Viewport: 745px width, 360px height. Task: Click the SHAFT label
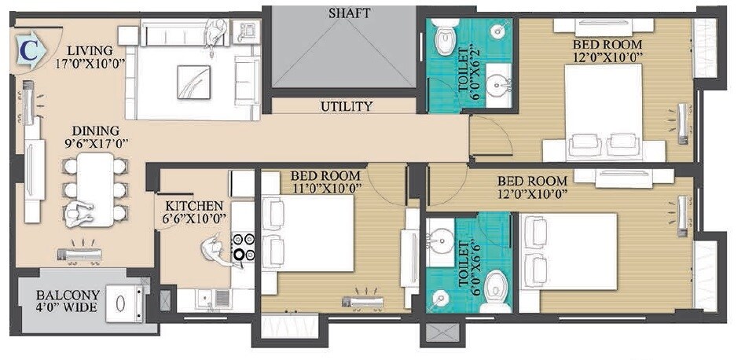tap(350, 13)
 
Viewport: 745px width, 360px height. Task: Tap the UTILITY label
tap(347, 106)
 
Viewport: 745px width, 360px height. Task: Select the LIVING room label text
tap(90, 50)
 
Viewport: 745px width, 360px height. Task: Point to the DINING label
tap(96, 130)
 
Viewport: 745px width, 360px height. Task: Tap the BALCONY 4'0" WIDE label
tap(67, 301)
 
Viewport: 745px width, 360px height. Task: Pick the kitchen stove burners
tap(243, 246)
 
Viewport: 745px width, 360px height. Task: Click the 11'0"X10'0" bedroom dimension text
tap(325, 189)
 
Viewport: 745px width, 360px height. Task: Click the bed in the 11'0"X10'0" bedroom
tap(314, 233)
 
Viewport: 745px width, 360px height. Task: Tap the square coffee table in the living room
tap(193, 79)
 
